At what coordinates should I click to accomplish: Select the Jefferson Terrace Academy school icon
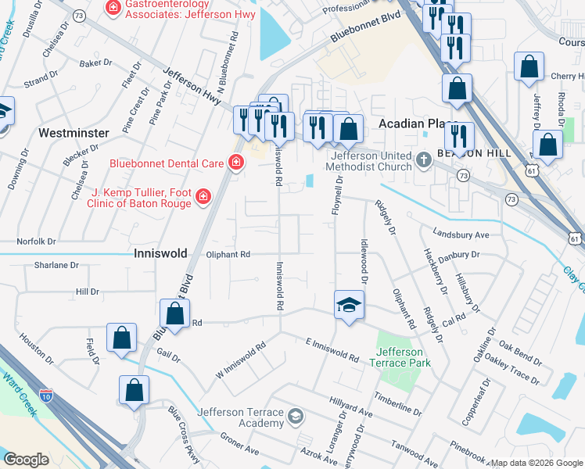(x=295, y=415)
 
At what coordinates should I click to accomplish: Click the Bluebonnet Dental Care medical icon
(x=235, y=163)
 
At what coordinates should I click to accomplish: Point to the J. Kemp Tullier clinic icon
(x=203, y=195)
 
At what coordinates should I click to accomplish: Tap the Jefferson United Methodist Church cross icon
(x=423, y=160)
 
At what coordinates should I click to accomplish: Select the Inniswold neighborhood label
(x=161, y=254)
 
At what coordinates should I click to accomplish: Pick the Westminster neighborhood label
(x=74, y=133)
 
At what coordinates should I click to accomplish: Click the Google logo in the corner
(x=27, y=460)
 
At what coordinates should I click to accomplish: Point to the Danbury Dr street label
(x=458, y=256)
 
